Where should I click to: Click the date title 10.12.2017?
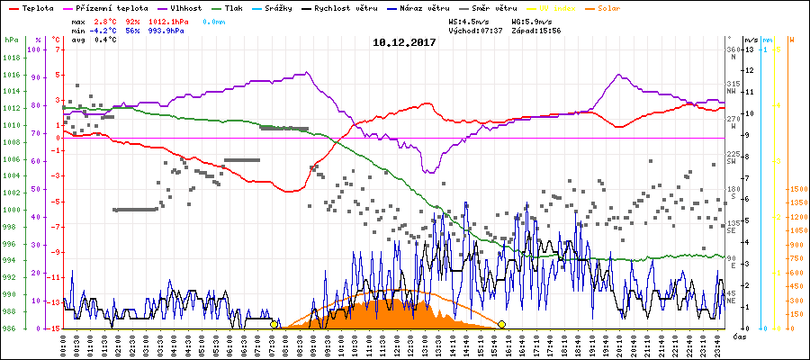[x=404, y=41]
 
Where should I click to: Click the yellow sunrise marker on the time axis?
[x=274, y=324]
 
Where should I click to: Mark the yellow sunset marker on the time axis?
[x=501, y=324]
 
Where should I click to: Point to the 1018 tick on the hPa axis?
[x=12, y=58]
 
